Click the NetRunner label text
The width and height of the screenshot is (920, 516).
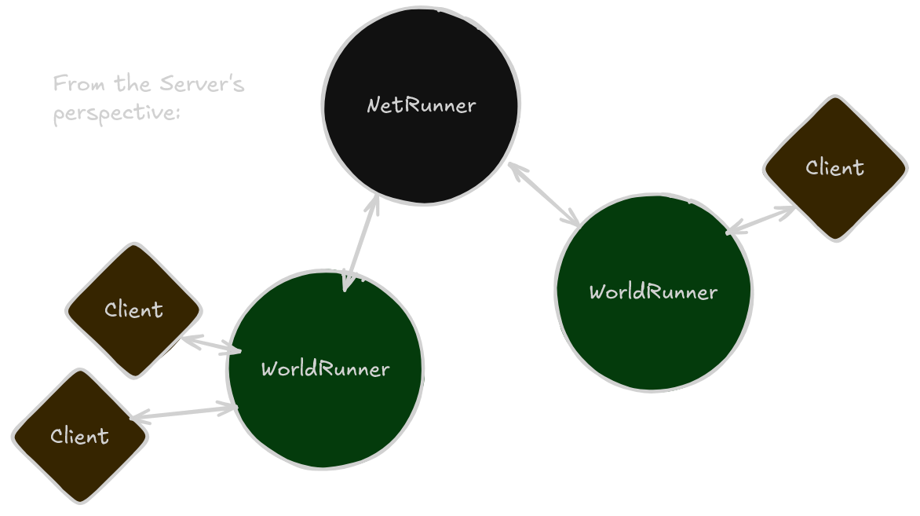pos(422,104)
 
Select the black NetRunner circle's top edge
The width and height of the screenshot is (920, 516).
pos(422,8)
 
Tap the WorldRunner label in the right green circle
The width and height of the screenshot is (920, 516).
pos(653,292)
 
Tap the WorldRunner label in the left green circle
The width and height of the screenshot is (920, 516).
pos(325,368)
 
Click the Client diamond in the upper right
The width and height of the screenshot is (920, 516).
pos(835,168)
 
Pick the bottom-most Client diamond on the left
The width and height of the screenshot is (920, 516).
pos(79,436)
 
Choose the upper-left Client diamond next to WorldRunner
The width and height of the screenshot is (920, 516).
pos(133,309)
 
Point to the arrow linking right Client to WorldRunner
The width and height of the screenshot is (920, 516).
pos(761,220)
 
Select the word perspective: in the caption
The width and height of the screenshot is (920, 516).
pos(117,113)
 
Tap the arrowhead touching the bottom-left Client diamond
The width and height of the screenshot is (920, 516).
pos(140,419)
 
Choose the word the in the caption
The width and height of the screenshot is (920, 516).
pos(133,83)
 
